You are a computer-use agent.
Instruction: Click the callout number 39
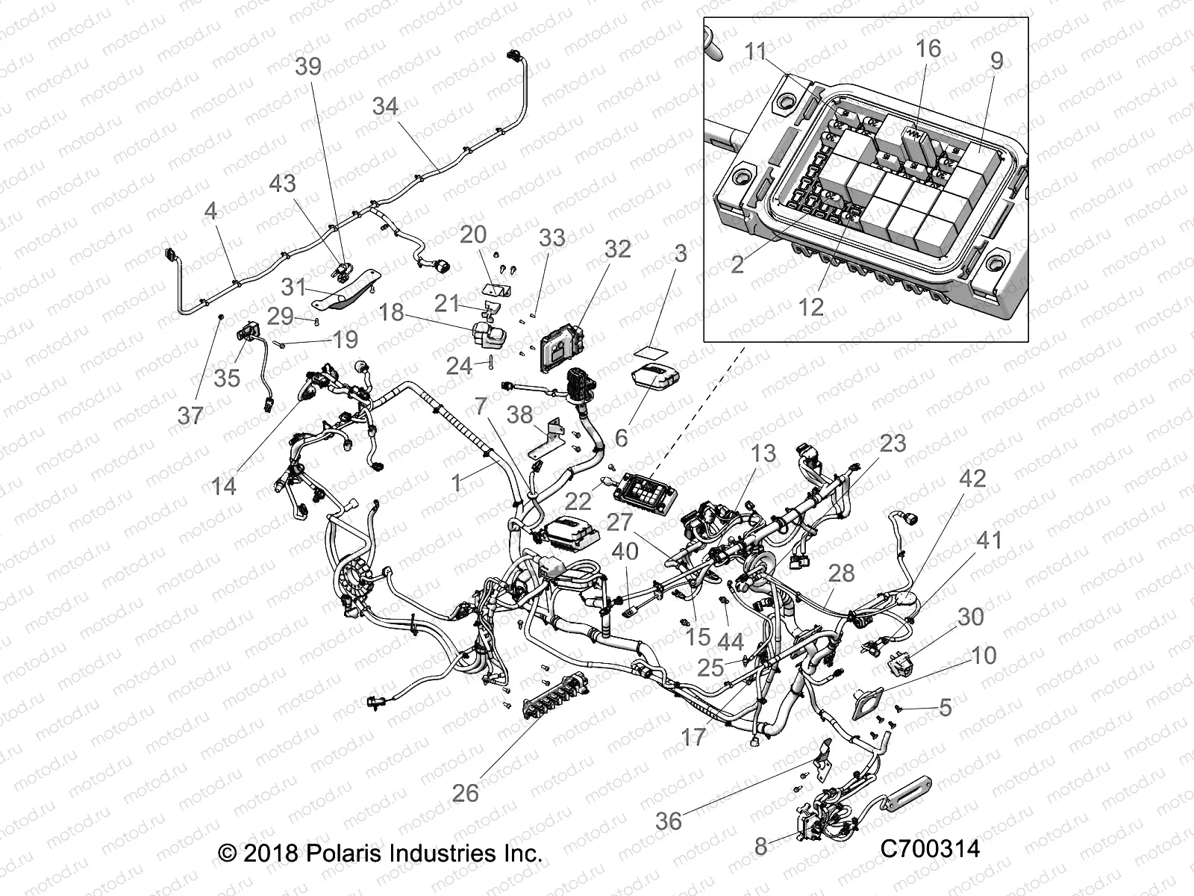[x=308, y=66]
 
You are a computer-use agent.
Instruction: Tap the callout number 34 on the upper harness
[x=385, y=107]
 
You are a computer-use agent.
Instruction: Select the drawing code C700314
[x=929, y=848]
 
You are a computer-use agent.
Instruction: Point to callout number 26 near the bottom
[x=465, y=792]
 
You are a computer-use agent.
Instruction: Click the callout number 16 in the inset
[x=928, y=49]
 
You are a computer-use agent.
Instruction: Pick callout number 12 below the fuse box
[x=810, y=307]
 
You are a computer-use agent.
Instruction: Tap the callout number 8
[x=760, y=846]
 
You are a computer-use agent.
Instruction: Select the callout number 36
[x=668, y=821]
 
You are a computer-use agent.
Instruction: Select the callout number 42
[x=972, y=479]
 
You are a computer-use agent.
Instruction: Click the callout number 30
[x=970, y=617]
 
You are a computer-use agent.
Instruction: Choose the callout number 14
[x=223, y=486]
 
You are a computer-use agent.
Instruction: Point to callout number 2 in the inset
[x=737, y=264]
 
